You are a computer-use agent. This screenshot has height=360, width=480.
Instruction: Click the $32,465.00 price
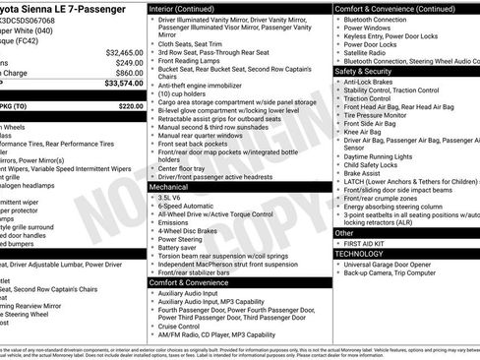pos(124,52)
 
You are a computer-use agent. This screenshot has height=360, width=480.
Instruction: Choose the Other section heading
pos(348,233)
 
